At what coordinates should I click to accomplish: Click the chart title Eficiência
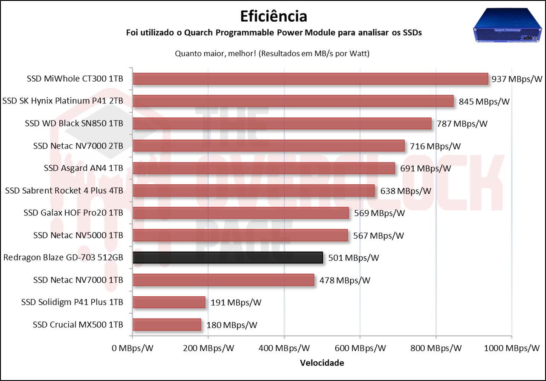pos(273,16)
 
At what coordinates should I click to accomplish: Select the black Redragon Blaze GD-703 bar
pos(227,258)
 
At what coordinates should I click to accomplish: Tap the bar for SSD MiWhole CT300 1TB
pos(310,79)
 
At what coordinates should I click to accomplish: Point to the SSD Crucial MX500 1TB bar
pos(167,325)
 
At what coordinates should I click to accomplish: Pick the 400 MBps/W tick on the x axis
pos(285,348)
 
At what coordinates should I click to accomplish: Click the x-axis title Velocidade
pos(322,363)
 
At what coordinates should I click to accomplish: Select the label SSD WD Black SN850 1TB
pos(74,123)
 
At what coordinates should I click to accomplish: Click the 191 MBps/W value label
pos(236,303)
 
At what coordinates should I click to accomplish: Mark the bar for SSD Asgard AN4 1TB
pos(264,168)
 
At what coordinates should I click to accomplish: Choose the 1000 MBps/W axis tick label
pos(512,348)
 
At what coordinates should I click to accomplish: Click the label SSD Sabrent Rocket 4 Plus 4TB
pos(64,190)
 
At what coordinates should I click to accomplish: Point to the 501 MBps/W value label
pos(354,258)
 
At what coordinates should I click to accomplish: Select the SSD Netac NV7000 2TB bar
pos(268,146)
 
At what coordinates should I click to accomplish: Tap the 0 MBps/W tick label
pos(132,348)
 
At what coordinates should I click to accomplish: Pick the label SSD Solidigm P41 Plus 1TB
pos(72,302)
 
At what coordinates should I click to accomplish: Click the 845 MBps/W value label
pos(484,101)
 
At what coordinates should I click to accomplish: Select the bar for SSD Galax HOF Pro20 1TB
pos(241,213)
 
